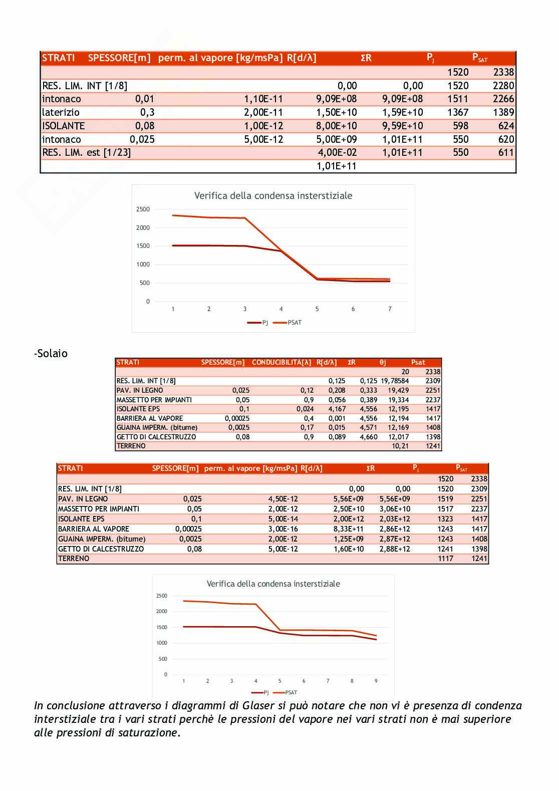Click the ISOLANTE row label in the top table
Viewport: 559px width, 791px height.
(64, 126)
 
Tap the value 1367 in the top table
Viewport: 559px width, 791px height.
(458, 112)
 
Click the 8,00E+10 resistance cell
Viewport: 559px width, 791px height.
(337, 126)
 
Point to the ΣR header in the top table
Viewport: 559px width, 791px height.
(366, 58)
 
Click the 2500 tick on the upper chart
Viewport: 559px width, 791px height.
(143, 209)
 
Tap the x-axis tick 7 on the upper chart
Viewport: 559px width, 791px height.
(390, 309)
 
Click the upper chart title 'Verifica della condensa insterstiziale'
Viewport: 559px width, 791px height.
(273, 196)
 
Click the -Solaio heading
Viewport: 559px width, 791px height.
(51, 354)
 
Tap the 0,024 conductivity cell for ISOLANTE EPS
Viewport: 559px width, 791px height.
(307, 409)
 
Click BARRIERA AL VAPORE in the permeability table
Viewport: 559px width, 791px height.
(94, 529)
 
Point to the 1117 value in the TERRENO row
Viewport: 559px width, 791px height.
(445, 559)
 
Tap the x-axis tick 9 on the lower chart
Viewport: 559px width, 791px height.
(376, 681)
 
